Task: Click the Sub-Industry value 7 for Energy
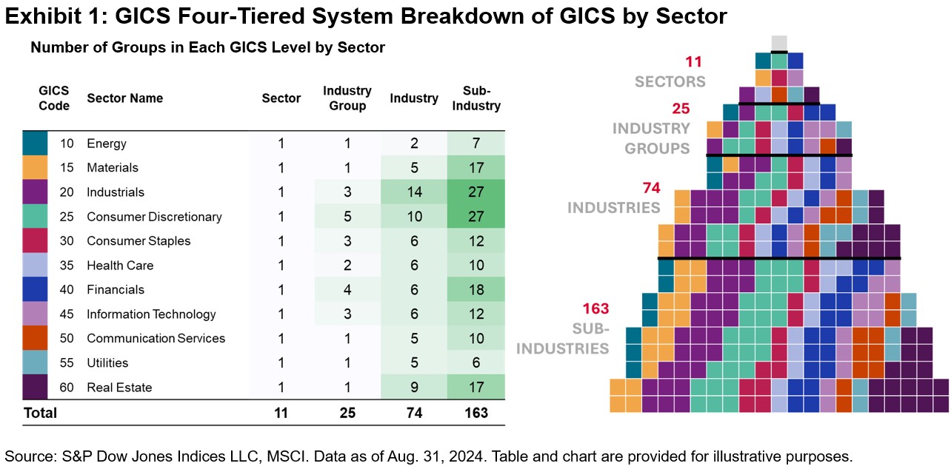(477, 143)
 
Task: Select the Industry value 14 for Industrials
(414, 192)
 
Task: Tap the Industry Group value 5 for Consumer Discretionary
(347, 217)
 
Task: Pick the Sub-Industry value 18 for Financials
(477, 289)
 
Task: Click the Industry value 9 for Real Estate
(414, 387)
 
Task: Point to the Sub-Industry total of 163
(477, 413)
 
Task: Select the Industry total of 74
(414, 413)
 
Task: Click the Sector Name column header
(124, 98)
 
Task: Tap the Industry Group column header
(347, 98)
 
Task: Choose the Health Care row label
(116, 266)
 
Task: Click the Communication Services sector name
(156, 338)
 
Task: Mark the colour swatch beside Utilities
(35, 362)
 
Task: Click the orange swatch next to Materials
(35, 168)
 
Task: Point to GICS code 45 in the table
(67, 314)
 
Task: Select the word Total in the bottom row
(40, 413)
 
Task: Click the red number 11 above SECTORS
(693, 62)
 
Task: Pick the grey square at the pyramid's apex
(779, 43)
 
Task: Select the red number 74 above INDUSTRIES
(652, 188)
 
